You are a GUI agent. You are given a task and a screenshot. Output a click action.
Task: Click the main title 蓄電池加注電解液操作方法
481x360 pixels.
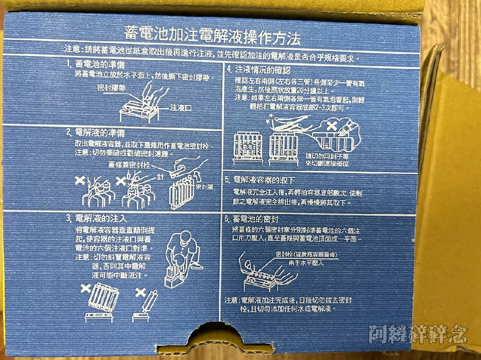[212, 34]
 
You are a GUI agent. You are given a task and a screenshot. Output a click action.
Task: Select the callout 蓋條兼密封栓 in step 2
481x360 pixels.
[130, 165]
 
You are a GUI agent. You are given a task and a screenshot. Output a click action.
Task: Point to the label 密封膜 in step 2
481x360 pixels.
[205, 186]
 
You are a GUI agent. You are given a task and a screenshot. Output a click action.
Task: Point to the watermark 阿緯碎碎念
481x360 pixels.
[418, 334]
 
